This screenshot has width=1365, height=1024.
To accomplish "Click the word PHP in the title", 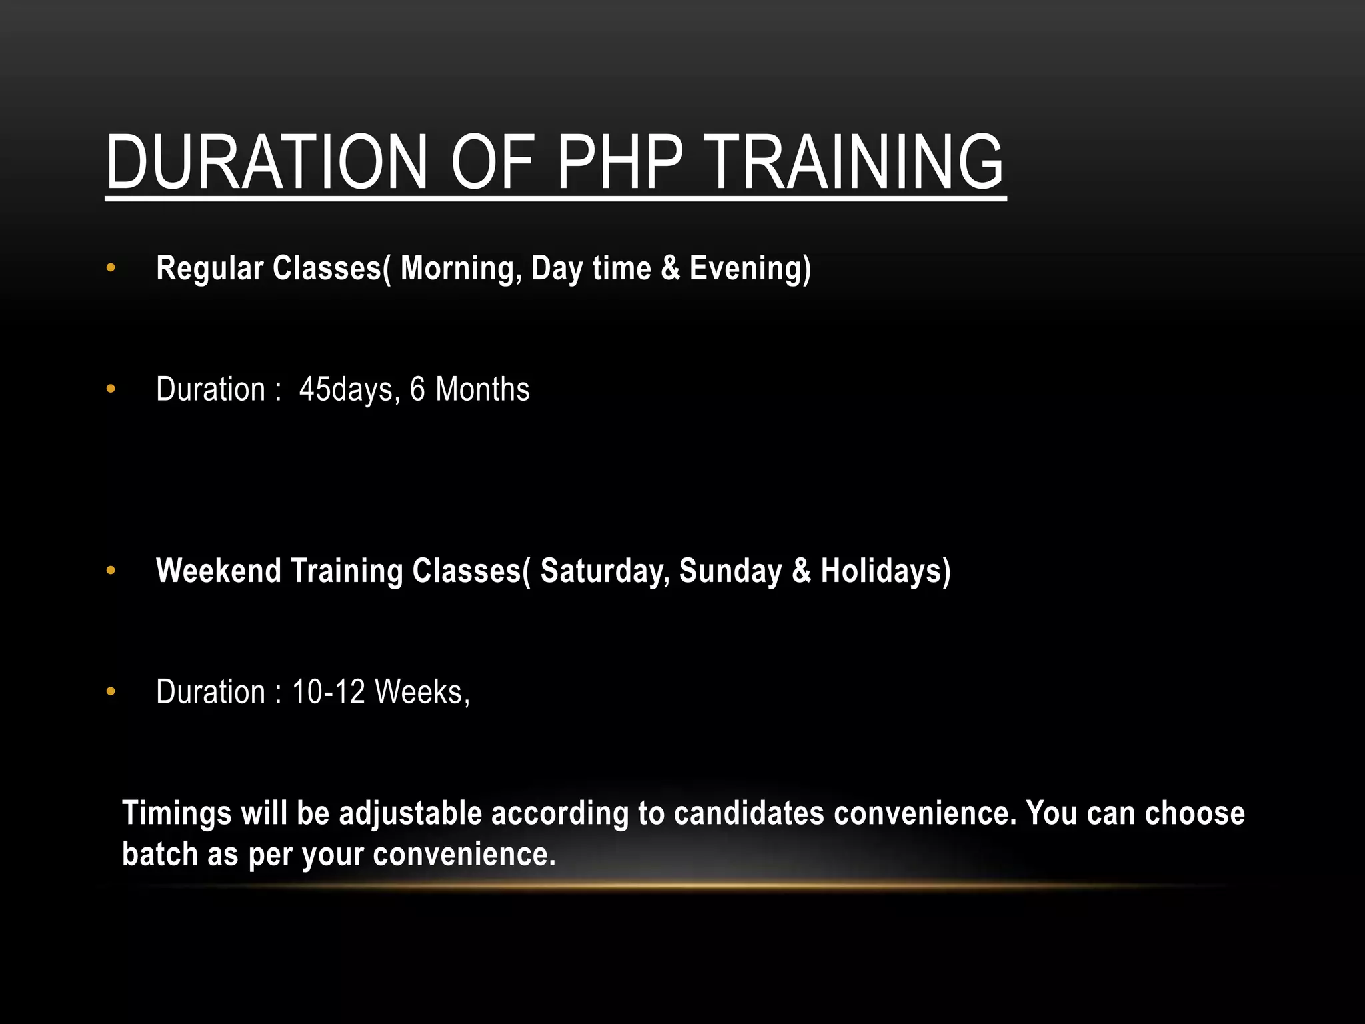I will [x=620, y=162].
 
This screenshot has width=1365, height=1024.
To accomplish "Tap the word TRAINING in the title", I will [x=855, y=162].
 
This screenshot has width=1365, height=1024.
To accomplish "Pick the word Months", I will [x=482, y=390].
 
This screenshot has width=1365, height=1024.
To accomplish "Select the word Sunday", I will [x=730, y=571].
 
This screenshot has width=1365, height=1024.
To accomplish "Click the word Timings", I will [x=176, y=814].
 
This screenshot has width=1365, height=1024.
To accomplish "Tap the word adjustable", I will [x=410, y=814].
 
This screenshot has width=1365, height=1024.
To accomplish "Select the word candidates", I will [x=748, y=814].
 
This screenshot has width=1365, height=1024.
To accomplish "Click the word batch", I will [x=159, y=855].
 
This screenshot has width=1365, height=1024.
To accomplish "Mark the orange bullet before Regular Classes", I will [x=111, y=269].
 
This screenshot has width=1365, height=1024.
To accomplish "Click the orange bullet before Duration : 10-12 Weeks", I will [x=111, y=693].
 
